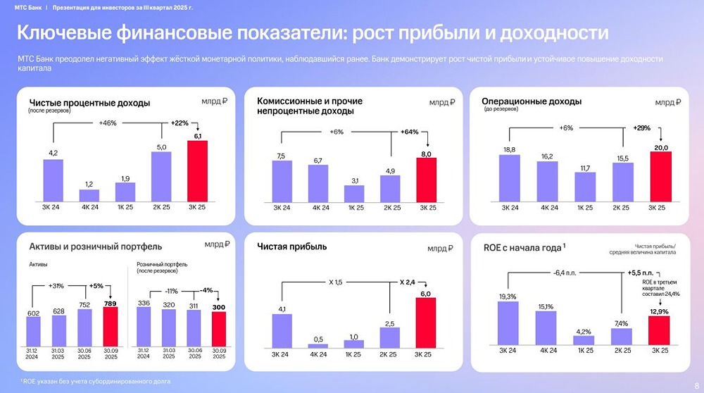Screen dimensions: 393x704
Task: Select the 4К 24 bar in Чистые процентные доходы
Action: pyautogui.click(x=89, y=195)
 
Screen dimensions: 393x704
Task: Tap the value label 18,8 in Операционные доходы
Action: pyautogui.click(x=509, y=149)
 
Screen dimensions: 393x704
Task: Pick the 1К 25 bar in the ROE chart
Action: pyautogui.click(x=584, y=340)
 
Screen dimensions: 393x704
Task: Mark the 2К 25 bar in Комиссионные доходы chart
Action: pyautogui.click(x=390, y=188)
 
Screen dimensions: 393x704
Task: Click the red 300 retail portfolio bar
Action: pyautogui.click(x=219, y=329)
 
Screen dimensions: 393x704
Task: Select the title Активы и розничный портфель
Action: pyautogui.click(x=95, y=247)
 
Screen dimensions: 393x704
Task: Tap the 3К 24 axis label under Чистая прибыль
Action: pyautogui.click(x=282, y=354)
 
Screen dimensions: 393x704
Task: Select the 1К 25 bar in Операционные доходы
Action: pyautogui.click(x=584, y=187)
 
